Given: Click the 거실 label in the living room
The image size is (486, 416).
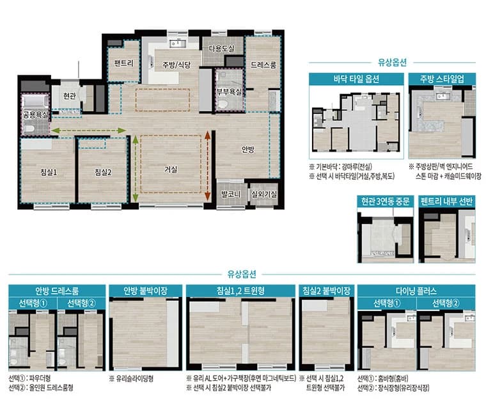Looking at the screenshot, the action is point(171,170).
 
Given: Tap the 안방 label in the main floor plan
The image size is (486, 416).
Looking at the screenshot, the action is point(248,150).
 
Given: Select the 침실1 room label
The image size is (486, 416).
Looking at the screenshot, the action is point(49,173).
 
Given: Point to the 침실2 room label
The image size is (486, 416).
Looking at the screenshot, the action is point(103,173).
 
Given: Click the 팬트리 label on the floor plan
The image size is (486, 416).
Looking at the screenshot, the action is point(123,63).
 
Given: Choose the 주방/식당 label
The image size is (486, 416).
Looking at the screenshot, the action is point(176,65).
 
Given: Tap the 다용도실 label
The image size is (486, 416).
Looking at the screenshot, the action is point(222,49).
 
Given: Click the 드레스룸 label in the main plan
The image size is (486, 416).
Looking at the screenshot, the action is point(263,65).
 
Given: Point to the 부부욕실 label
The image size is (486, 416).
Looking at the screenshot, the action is point(229,92).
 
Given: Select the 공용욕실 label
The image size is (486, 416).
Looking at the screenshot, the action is point(36,115).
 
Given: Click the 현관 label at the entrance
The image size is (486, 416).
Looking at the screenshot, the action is point(70,96).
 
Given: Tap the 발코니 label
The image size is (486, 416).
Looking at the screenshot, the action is point(231,195).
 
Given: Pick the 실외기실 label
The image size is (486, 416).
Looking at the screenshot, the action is point(264,195).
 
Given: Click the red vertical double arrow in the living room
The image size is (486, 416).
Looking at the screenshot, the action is point(207,165).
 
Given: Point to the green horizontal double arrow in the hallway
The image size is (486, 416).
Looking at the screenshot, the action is point(89,131).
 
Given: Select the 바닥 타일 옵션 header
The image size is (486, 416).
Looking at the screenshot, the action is point(356,79).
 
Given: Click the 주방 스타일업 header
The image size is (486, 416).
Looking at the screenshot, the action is point(442,79).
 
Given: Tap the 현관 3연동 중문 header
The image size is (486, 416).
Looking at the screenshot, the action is point(385,202).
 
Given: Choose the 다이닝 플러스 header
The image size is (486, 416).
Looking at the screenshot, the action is point(416,291).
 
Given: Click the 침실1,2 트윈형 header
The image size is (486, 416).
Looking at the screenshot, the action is point(240,291).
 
